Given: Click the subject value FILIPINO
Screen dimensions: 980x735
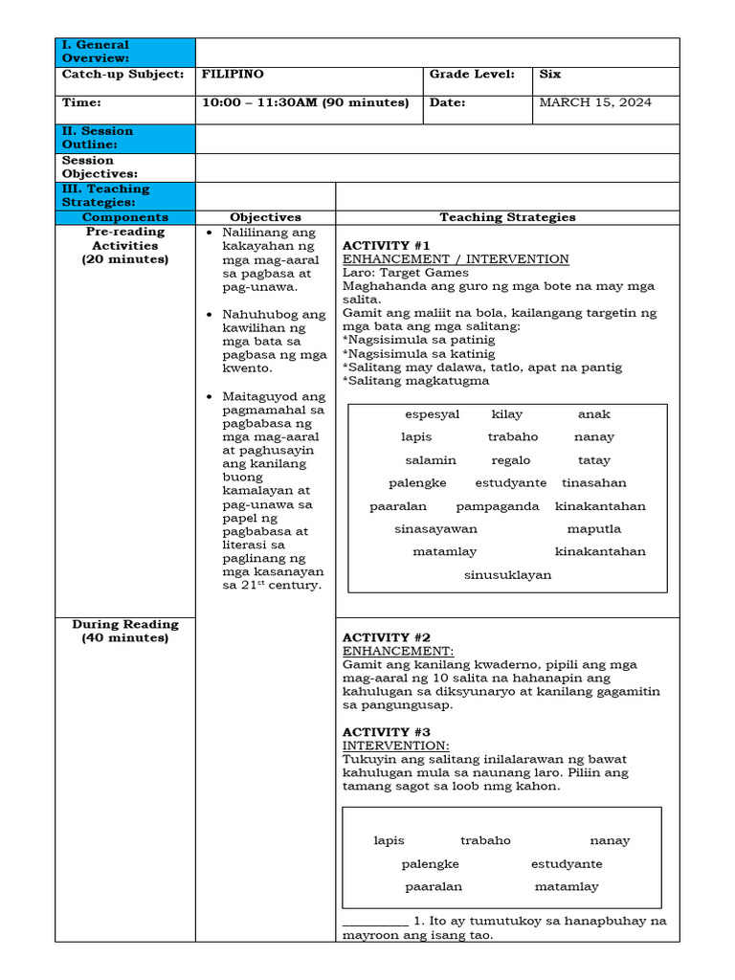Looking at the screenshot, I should (x=233, y=74).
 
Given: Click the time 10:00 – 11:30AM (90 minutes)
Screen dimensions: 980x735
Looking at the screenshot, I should (x=305, y=102).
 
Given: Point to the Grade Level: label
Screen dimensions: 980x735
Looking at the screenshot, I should (x=472, y=74).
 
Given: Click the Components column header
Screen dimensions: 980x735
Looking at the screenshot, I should (x=125, y=217).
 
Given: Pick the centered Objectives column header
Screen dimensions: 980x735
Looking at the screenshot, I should (x=265, y=217).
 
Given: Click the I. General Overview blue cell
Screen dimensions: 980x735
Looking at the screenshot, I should (x=125, y=52).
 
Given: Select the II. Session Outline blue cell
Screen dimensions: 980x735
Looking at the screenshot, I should (x=125, y=138).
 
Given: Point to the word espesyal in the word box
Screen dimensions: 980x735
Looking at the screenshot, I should (x=433, y=414).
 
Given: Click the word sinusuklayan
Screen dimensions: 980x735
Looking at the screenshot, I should (x=507, y=575).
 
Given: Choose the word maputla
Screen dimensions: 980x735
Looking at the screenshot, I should (x=593, y=529).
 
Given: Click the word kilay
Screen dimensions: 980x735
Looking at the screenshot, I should (x=507, y=414).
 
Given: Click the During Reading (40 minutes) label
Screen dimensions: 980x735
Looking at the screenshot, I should (x=125, y=631).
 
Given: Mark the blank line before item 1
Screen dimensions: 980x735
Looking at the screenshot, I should (x=375, y=922).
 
